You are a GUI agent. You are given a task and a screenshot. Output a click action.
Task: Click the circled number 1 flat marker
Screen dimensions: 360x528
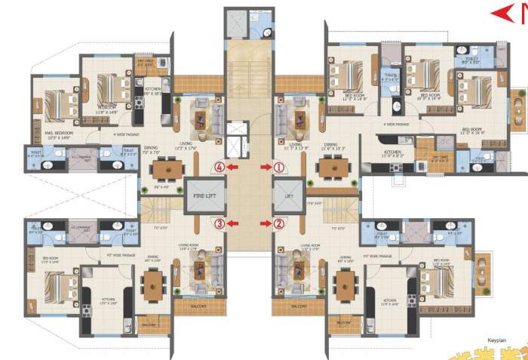tap(278, 166)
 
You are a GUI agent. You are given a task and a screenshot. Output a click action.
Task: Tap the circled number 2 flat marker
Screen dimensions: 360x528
tap(278, 223)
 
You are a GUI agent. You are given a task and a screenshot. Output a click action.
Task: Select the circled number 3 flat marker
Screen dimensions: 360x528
tap(219, 223)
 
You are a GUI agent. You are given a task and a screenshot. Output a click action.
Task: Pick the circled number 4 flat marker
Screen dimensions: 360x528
tap(219, 166)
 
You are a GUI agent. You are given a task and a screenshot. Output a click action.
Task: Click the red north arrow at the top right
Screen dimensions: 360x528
tap(502, 12)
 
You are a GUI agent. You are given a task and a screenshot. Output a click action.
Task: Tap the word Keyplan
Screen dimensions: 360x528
tap(500, 340)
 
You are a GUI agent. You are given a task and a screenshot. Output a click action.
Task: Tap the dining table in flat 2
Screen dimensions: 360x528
tap(345, 284)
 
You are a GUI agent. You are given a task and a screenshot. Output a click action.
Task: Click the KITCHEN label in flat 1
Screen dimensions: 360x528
tap(393, 153)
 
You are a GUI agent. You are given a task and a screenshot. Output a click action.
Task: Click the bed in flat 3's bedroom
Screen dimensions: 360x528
tap(57, 286)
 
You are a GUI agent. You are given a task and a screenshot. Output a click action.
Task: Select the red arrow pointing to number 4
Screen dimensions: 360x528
tap(235, 166)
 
